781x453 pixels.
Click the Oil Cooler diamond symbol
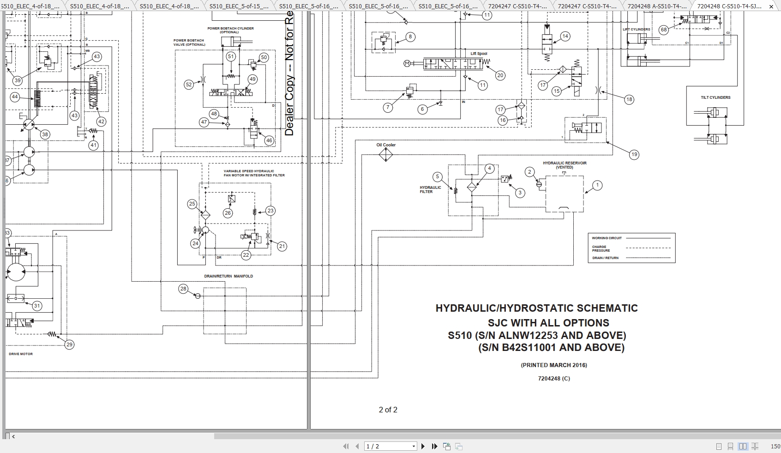pyautogui.click(x=386, y=154)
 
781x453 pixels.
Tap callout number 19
pyautogui.click(x=634, y=155)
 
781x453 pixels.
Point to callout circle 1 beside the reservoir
pyautogui.click(x=597, y=185)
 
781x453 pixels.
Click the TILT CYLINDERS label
pyautogui.click(x=715, y=97)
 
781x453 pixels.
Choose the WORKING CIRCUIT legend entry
pyautogui.click(x=607, y=238)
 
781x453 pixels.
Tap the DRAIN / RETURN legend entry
pyautogui.click(x=605, y=258)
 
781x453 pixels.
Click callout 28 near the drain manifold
pyautogui.click(x=183, y=289)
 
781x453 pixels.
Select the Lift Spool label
pyautogui.click(x=479, y=54)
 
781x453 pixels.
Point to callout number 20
pyautogui.click(x=500, y=75)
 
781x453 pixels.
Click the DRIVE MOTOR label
pyautogui.click(x=21, y=354)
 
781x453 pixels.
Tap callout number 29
pyautogui.click(x=69, y=344)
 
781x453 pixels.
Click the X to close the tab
pyautogui.click(x=771, y=6)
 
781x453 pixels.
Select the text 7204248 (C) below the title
pyautogui.click(x=554, y=379)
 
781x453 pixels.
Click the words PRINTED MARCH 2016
pyautogui.click(x=554, y=365)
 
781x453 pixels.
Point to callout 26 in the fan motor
pyautogui.click(x=228, y=213)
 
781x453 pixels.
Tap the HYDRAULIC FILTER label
pyautogui.click(x=430, y=190)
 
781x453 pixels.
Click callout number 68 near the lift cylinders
pyautogui.click(x=664, y=30)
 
